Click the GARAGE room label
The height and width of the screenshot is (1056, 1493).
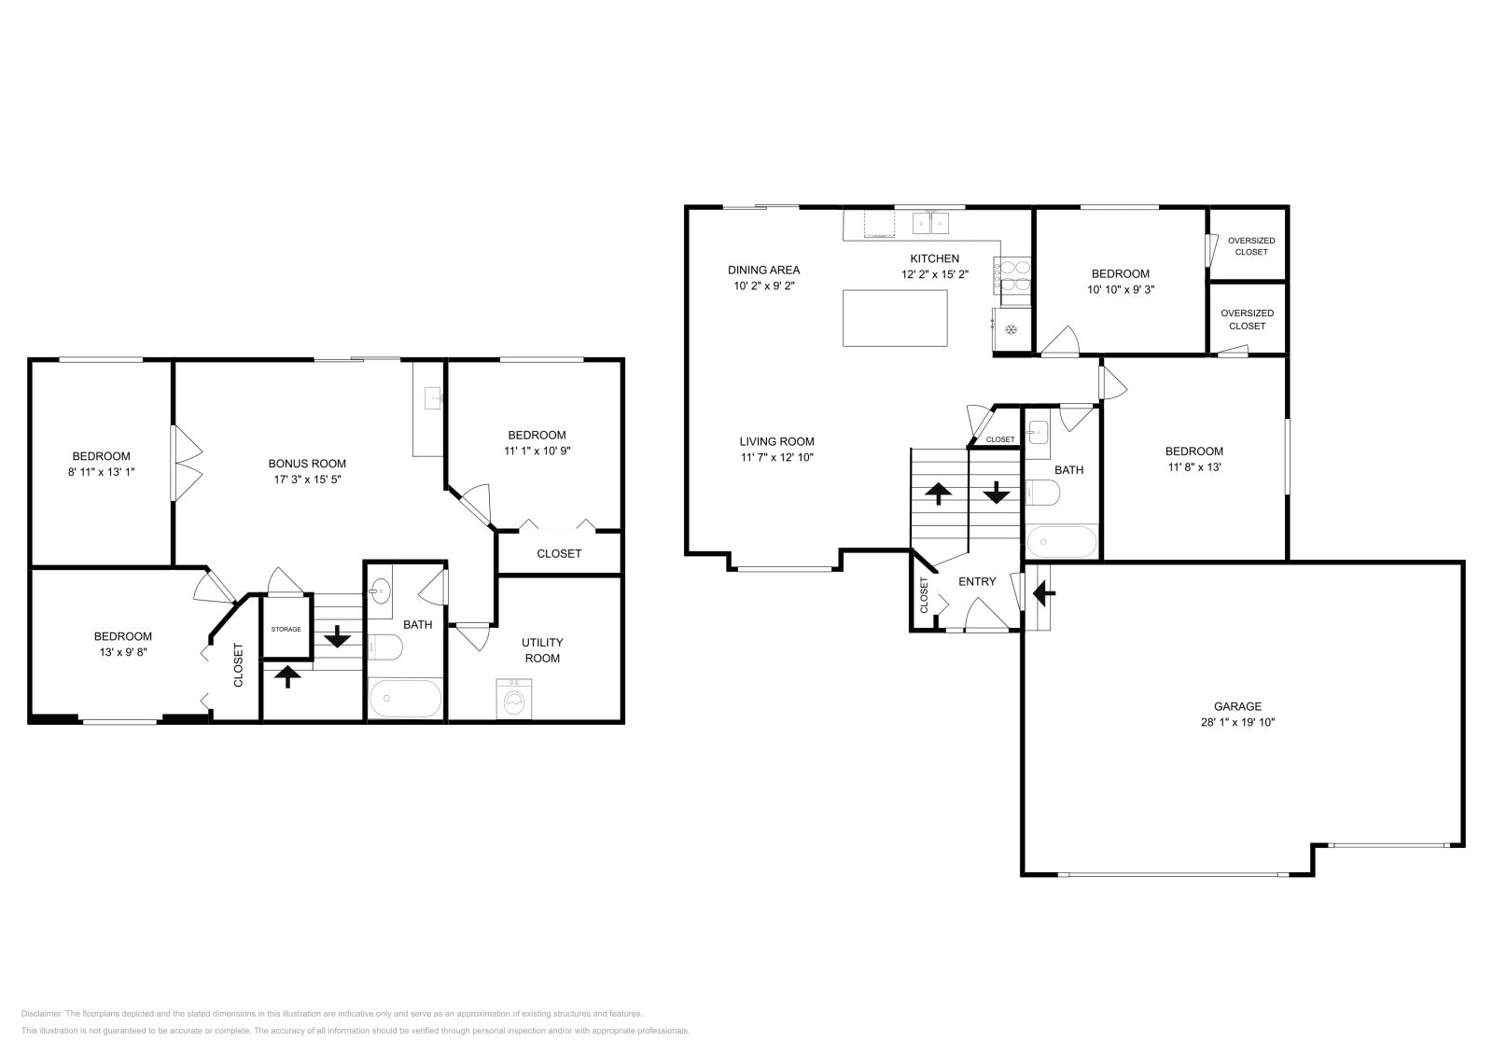tap(1237, 706)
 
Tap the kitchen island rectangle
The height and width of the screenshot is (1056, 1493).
tap(895, 318)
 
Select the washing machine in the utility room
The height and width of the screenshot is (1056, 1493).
tap(514, 699)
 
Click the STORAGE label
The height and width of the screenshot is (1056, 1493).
tap(286, 629)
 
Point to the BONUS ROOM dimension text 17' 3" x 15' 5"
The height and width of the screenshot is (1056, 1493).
tap(307, 479)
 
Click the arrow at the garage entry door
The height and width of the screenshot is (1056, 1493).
tap(1044, 591)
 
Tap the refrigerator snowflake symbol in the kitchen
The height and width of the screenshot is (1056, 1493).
tap(1012, 329)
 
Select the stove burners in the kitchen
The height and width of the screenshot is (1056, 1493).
tap(1012, 276)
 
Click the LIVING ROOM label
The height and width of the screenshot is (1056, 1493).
tap(777, 441)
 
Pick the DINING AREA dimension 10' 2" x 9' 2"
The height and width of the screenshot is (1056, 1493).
tap(764, 285)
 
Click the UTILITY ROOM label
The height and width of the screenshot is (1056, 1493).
tap(542, 650)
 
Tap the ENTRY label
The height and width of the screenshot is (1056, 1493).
tap(977, 581)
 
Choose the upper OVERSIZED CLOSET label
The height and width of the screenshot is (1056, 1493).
tap(1251, 246)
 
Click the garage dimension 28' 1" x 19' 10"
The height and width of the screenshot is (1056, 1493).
tap(1237, 722)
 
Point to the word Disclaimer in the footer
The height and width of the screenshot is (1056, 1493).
tap(41, 1014)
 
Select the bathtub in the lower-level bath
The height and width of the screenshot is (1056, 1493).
tap(405, 698)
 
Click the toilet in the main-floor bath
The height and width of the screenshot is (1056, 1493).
tap(1042, 493)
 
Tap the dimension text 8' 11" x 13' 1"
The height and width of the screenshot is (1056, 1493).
tap(102, 472)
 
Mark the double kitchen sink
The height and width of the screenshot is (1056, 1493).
tap(930, 223)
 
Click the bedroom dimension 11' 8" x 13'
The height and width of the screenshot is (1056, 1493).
tap(1194, 467)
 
